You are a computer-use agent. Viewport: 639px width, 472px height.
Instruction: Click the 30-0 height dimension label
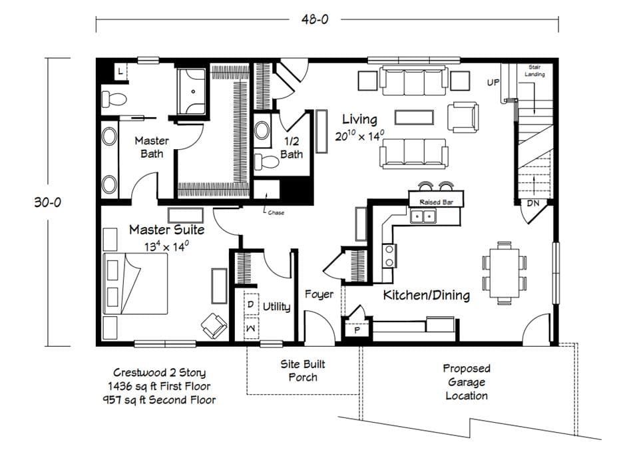point(47,202)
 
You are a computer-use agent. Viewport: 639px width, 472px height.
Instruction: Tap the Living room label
point(359,120)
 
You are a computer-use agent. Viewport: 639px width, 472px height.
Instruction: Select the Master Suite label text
point(166,230)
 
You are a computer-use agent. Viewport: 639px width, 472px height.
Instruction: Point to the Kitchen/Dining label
point(427,295)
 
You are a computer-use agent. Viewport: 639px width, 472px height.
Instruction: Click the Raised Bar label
point(436,202)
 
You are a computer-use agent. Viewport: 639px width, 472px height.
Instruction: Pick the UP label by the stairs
point(493,83)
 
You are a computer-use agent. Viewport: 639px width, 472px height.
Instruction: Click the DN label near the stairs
point(533,203)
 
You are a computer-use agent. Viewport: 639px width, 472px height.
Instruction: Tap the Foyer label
point(319,294)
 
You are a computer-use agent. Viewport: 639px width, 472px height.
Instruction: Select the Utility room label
point(276,307)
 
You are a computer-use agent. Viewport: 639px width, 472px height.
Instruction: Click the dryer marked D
point(251,304)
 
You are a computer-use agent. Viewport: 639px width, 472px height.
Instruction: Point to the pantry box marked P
point(357,330)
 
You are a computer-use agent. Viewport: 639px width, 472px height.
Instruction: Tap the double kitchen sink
point(423,216)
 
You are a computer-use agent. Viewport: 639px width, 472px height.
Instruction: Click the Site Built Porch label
point(303,371)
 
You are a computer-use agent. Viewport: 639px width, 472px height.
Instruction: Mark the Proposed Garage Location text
point(467,382)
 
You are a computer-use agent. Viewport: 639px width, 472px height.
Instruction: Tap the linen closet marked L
point(120,71)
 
